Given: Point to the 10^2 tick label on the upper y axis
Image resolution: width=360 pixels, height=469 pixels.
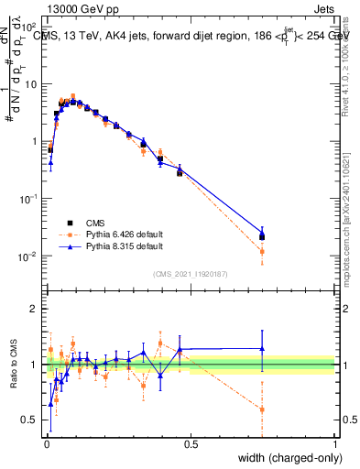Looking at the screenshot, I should click(x=29, y=27).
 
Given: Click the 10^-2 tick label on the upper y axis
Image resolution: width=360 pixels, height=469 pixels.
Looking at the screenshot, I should click(x=29, y=256).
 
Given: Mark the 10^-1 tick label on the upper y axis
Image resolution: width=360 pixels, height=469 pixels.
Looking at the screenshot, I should click(x=29, y=199).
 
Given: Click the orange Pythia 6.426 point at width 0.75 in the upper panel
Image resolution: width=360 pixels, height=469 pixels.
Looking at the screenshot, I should click(x=262, y=251).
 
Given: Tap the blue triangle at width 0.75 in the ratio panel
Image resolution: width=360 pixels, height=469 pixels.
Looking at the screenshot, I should click(x=262, y=348).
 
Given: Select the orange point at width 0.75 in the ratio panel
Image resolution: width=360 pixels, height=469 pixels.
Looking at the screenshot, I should click(x=262, y=409).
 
